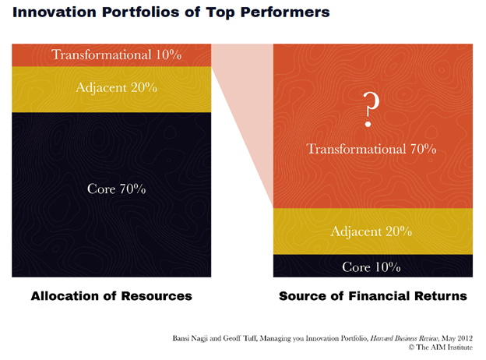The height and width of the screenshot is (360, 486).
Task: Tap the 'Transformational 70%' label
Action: pos(371,148)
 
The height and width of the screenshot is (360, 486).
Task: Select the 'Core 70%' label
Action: pos(111,189)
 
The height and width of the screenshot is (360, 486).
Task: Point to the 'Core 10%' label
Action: pos(371,266)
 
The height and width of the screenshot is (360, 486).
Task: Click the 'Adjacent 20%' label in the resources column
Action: pos(111,87)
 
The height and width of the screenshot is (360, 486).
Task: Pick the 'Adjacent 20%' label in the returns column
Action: pos(371,231)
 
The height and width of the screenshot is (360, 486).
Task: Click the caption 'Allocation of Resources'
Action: pos(111,296)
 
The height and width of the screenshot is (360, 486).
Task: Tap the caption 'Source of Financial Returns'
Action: pos(372,296)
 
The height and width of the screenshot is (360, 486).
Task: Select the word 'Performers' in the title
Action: pos(285,12)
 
